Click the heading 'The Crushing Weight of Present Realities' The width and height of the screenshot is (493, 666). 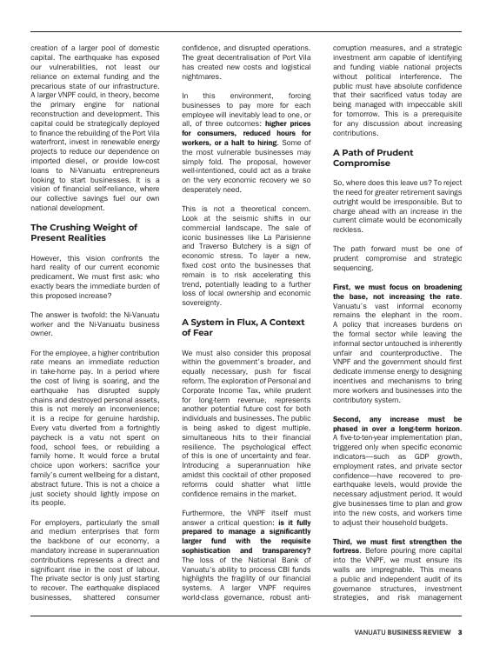[x=83, y=232]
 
